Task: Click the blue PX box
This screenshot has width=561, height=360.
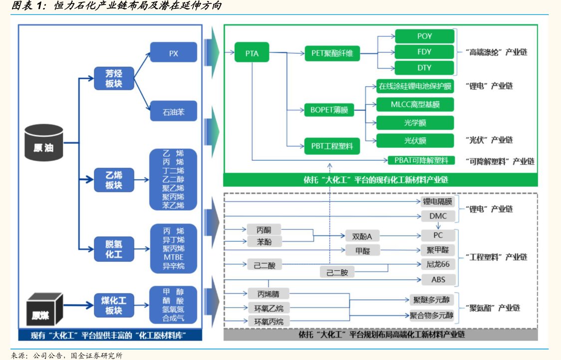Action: point(174,53)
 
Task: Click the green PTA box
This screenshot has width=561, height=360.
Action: point(252,53)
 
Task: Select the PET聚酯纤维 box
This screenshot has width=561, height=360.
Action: point(332,53)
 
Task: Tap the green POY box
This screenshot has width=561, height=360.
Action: point(424,36)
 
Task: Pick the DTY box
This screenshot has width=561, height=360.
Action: point(424,67)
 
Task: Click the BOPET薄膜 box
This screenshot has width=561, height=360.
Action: point(329,110)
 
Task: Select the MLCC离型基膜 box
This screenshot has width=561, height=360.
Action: point(415,104)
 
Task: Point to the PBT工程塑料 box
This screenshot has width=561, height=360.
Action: point(332,146)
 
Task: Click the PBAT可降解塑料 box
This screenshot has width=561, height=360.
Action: point(421,160)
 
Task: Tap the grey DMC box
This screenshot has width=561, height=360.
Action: point(431,216)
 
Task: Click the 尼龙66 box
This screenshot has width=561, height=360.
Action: point(431,265)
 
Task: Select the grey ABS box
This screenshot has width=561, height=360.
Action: point(431,279)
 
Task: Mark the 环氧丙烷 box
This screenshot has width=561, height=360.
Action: point(269,321)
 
